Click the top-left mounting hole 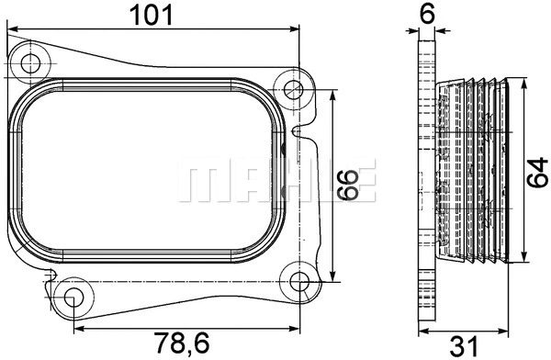33,63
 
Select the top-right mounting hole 293,90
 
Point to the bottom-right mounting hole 299,282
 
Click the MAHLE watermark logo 275,181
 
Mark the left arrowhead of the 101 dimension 12,29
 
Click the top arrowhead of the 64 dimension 523,79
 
